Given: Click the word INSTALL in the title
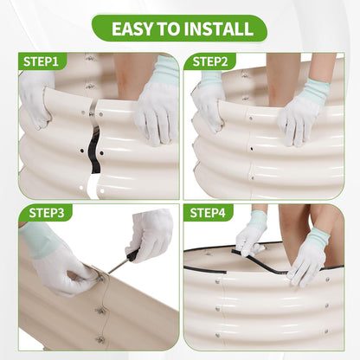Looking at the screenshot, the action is coord(218,29).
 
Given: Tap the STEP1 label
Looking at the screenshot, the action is coord(41,61).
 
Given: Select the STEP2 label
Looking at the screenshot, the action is coord(210,61).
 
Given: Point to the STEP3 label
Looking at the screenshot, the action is coord(46,213).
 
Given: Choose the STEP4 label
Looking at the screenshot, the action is coord(208,213).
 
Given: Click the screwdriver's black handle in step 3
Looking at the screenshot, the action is coord(133,255).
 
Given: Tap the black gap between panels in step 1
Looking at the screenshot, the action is coord(94,151).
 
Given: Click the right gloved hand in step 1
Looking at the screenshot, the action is coord(157,102).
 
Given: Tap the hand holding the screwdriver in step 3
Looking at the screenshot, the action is coord(149,235).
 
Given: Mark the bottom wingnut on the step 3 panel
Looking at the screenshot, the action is coord(100,340).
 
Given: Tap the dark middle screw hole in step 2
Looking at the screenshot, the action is coord(252,149).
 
